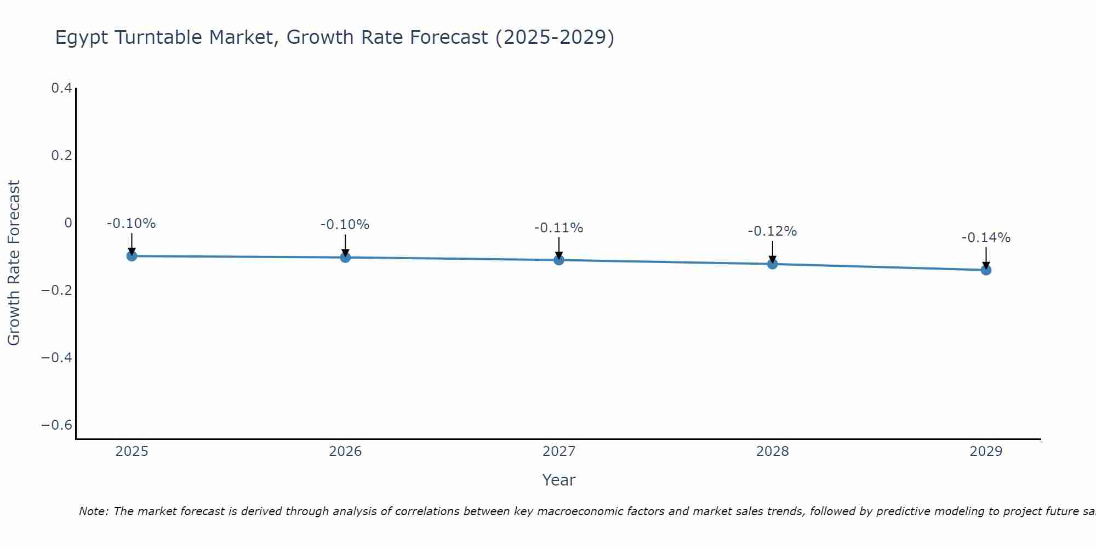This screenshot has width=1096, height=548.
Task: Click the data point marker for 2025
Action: (x=132, y=256)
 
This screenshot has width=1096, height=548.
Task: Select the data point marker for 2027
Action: (x=559, y=260)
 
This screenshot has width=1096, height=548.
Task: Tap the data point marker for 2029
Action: (x=986, y=270)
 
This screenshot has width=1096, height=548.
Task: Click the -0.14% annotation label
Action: (x=986, y=238)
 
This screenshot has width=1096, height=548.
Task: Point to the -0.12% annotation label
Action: (x=772, y=231)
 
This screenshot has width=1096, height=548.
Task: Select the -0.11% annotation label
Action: (x=558, y=228)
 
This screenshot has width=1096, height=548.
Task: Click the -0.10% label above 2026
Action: (x=345, y=225)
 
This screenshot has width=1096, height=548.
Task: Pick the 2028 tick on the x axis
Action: (x=772, y=452)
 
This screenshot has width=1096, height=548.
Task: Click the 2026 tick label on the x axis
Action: (x=345, y=452)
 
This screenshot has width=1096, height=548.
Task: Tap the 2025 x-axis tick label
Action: (x=132, y=452)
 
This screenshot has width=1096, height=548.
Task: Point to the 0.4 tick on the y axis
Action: (x=61, y=88)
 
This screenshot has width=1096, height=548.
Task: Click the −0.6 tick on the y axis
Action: (x=56, y=425)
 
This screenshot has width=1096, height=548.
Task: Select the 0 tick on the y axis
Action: (x=68, y=223)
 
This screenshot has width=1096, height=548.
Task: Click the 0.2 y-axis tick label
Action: (x=61, y=156)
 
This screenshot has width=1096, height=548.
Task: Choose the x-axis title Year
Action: (x=558, y=481)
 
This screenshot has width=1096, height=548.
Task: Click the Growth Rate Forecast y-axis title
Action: (x=14, y=263)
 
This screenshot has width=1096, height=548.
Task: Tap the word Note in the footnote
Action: (x=93, y=511)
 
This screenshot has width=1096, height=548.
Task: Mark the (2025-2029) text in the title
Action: (x=555, y=38)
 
